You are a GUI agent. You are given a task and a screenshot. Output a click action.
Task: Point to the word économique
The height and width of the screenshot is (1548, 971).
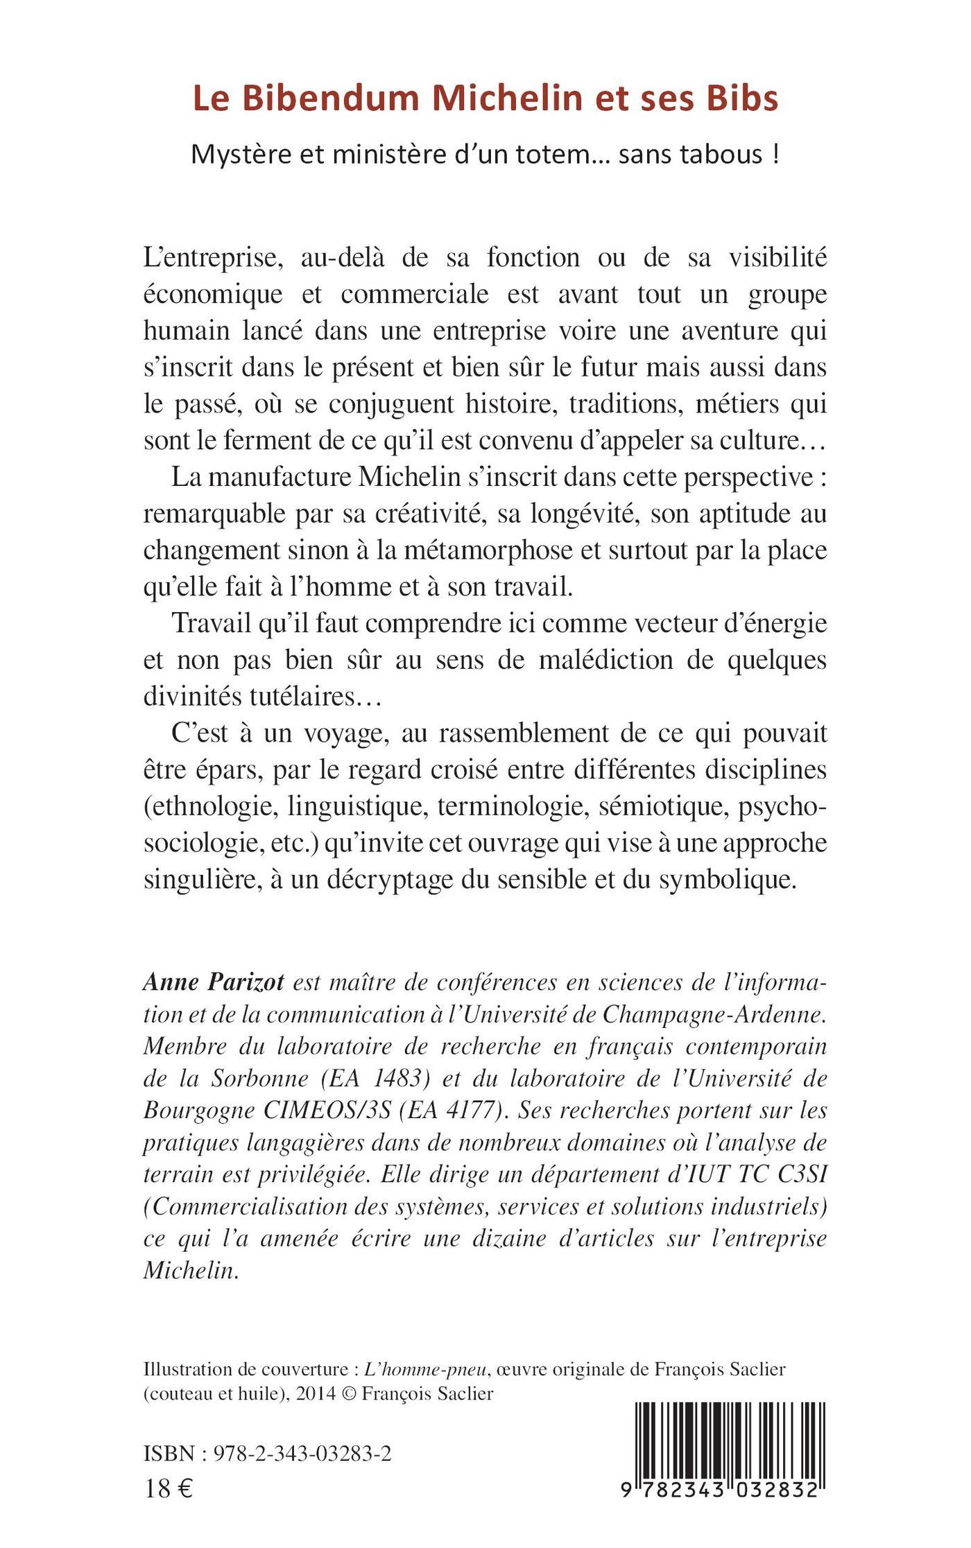(x=213, y=295)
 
